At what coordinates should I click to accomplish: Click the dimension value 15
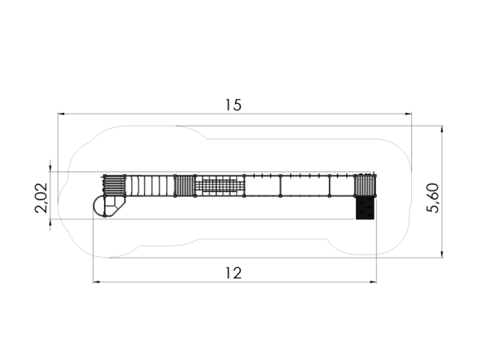tap(234, 105)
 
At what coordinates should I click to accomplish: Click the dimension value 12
tap(234, 273)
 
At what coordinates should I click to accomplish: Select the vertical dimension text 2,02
tap(41, 198)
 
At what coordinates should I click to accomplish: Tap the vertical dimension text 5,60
tap(433, 198)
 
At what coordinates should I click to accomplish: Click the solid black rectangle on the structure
tap(365, 208)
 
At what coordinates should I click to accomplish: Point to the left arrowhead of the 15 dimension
tap(62, 114)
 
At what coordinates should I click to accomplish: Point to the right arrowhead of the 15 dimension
tap(408, 114)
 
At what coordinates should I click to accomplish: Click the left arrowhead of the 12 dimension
tap(97, 282)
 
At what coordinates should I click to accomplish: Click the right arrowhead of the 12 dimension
tap(373, 282)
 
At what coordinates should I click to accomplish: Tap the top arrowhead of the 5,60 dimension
tap(442, 129)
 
